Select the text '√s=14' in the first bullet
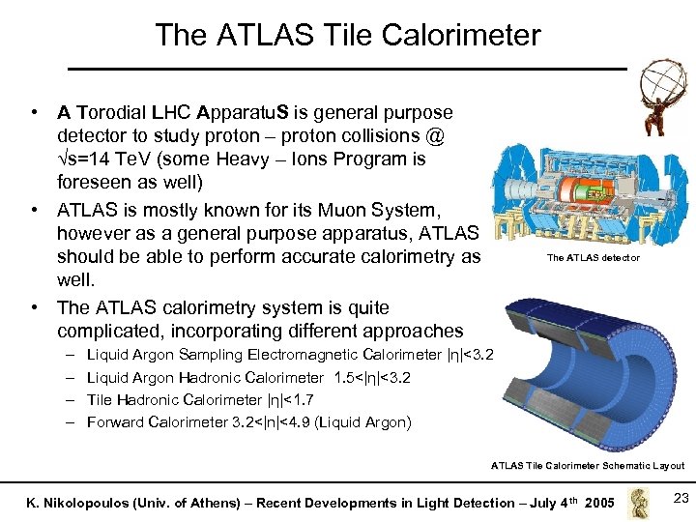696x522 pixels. [85, 159]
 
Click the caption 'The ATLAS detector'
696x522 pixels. [593, 258]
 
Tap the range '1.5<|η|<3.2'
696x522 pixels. [372, 378]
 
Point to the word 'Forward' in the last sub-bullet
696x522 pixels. [114, 421]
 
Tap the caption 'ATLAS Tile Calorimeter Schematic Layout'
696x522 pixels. [587, 465]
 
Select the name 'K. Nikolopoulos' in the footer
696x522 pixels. [67, 503]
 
